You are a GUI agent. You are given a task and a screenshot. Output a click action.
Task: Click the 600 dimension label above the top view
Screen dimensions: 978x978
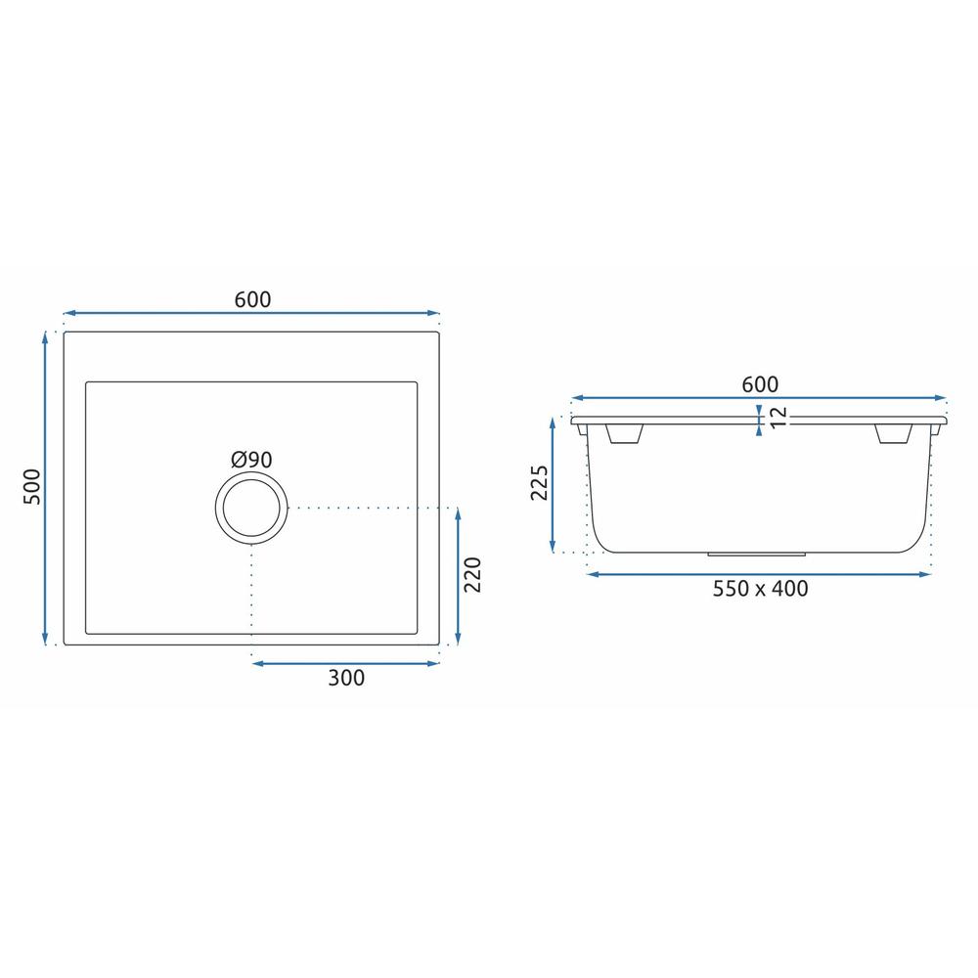252,300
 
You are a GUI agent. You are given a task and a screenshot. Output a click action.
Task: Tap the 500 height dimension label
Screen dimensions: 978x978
32,486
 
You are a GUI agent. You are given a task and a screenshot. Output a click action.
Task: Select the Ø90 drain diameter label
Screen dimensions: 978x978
251,460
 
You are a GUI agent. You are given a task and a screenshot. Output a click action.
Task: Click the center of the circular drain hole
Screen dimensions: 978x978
251,508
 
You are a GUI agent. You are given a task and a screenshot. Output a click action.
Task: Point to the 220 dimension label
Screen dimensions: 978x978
472,574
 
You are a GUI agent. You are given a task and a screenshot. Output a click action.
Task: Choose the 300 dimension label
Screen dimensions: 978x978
346,678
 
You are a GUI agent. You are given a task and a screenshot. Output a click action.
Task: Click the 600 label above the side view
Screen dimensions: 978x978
760,384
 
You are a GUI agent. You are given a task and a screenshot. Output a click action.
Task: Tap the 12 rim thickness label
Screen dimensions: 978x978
778,418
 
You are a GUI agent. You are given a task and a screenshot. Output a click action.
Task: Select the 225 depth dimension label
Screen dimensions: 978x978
539,482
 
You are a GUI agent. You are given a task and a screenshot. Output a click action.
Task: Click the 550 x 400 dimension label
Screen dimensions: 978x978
760,588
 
